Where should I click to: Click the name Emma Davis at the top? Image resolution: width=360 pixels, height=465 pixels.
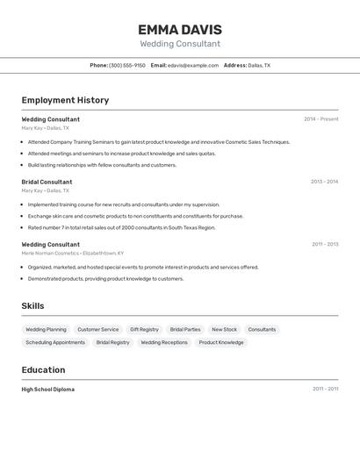pos(180,30)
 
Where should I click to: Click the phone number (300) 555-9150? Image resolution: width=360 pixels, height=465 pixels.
pos(127,65)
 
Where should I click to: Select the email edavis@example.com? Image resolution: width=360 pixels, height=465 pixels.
pos(193,65)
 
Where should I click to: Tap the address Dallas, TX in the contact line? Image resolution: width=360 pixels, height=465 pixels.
pos(259,65)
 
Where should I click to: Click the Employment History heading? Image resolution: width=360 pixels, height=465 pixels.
pos(65,100)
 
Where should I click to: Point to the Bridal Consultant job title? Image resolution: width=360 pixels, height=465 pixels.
pos(47,182)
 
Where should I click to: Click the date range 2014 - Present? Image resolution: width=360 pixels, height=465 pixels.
pos(320,119)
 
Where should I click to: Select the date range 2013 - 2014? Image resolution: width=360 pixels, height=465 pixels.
pos(324,182)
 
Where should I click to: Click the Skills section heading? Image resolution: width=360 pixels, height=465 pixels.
pos(33,305)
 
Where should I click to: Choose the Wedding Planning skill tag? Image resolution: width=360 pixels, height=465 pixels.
pos(46,330)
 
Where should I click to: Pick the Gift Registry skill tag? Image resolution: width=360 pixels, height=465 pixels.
pos(144,330)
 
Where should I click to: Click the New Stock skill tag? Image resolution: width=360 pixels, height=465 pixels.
pos(224,330)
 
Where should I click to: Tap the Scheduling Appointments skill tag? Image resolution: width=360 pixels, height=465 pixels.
pos(55,342)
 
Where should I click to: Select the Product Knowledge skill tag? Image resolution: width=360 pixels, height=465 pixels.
pos(221,342)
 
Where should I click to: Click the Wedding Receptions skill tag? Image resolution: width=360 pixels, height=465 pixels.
pos(164,342)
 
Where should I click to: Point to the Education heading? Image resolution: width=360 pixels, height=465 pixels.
pos(43,369)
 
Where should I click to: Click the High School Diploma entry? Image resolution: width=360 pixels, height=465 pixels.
pos(47,389)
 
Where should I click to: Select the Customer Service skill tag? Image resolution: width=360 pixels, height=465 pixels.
pos(98,330)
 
